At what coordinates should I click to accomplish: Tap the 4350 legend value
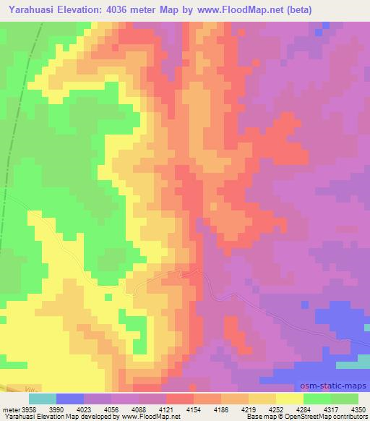click(357, 409)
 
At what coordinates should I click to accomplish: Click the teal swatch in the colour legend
click(43, 399)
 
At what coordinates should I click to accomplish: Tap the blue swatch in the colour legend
click(70, 399)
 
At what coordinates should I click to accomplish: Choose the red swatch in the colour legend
click(180, 399)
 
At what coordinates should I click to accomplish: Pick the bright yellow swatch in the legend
click(290, 399)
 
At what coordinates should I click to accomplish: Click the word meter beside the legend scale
click(9, 409)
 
